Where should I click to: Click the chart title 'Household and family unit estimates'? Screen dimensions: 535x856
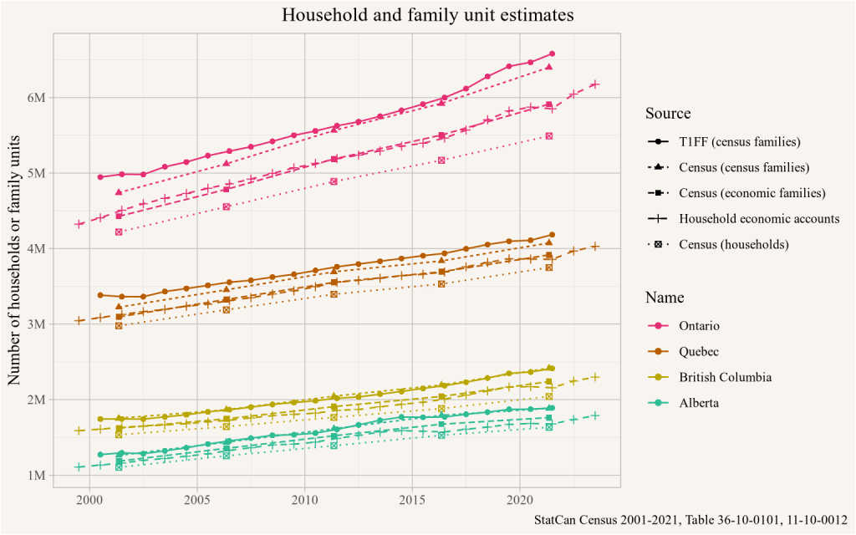tap(427, 15)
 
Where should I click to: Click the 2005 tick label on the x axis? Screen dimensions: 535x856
tap(196, 499)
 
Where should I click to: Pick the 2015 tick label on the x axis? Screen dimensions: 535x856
tap(411, 499)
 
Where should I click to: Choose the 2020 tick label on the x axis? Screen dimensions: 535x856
tap(519, 499)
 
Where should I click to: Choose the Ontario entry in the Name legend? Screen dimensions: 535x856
tap(700, 325)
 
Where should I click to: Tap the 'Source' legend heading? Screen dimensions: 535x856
tap(668, 114)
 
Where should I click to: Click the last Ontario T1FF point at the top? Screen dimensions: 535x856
tap(552, 53)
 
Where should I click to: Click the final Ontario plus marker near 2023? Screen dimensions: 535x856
tap(595, 84)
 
